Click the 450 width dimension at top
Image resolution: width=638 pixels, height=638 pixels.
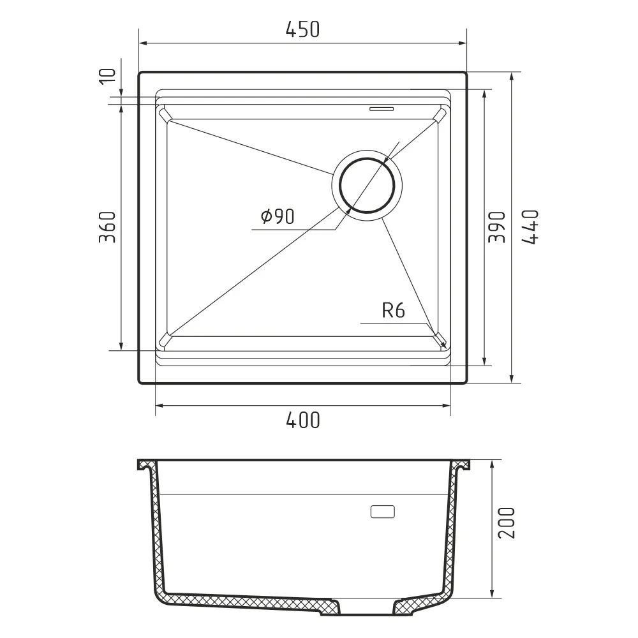point(302,29)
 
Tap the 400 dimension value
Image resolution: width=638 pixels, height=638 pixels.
point(302,420)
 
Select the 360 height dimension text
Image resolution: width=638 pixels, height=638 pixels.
point(107,227)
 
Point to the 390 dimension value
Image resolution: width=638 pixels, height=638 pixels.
point(497,227)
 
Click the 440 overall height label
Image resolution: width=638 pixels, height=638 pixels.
point(530,227)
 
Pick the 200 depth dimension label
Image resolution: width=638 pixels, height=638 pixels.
point(507,523)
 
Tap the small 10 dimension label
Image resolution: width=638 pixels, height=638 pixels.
point(107,77)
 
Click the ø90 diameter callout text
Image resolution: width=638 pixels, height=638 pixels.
point(278,216)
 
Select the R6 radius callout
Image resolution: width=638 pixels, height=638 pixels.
point(394,311)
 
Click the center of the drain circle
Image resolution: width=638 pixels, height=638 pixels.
point(367,186)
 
